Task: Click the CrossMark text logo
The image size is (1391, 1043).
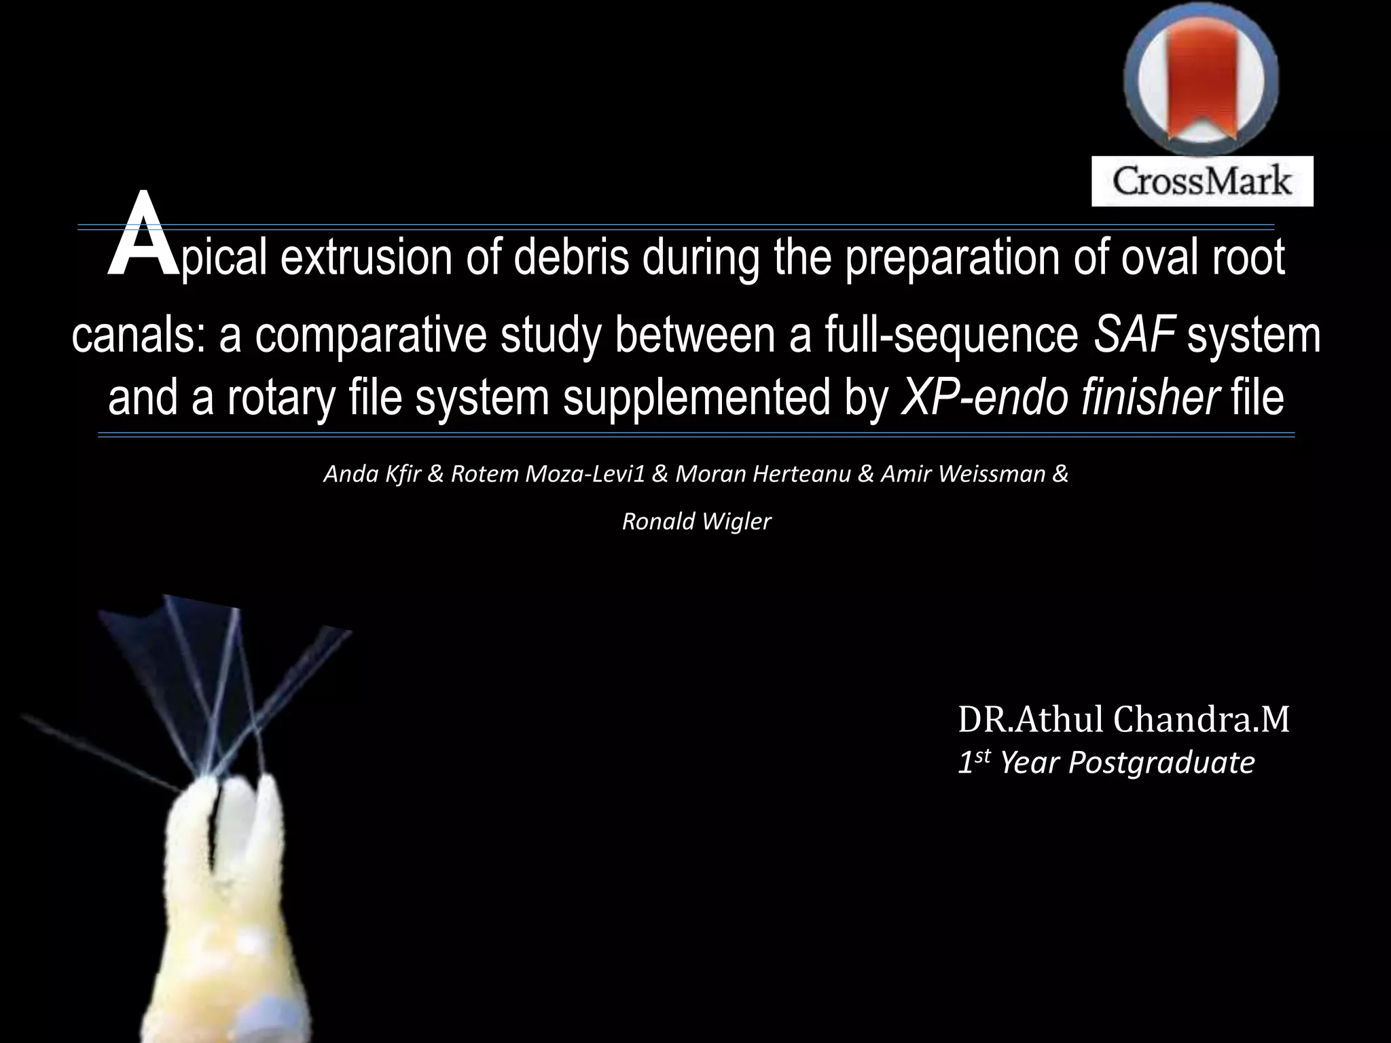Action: [1202, 181]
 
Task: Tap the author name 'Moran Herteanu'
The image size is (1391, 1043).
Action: [763, 474]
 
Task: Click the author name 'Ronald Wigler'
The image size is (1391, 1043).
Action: [697, 521]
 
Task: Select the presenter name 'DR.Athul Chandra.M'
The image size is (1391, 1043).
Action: [1123, 720]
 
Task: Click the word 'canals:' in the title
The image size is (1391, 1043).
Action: [139, 335]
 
